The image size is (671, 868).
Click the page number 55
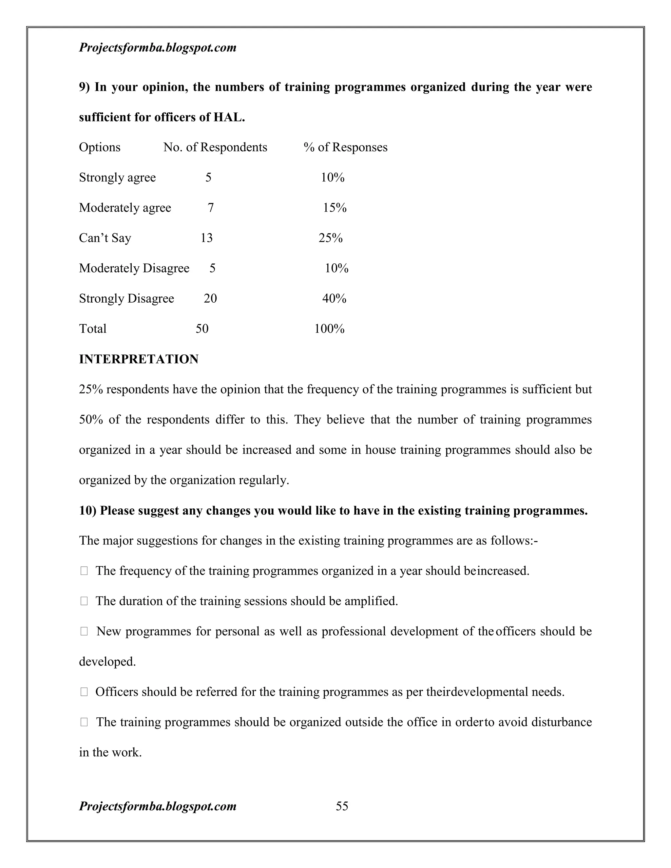tap(342, 806)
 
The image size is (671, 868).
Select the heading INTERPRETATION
tap(138, 359)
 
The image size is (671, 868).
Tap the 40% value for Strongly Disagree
tap(334, 298)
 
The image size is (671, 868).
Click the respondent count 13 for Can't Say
tap(206, 238)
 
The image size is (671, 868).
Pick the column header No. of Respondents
tap(215, 147)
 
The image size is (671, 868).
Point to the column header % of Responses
tap(345, 147)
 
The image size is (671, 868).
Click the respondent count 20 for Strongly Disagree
tap(210, 298)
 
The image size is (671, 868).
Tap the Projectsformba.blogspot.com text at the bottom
tap(157, 806)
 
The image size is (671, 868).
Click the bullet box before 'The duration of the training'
tap(84, 601)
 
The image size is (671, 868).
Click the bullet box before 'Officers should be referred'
tap(84, 692)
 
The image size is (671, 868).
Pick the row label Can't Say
tap(105, 238)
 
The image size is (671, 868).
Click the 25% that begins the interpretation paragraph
tap(91, 389)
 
